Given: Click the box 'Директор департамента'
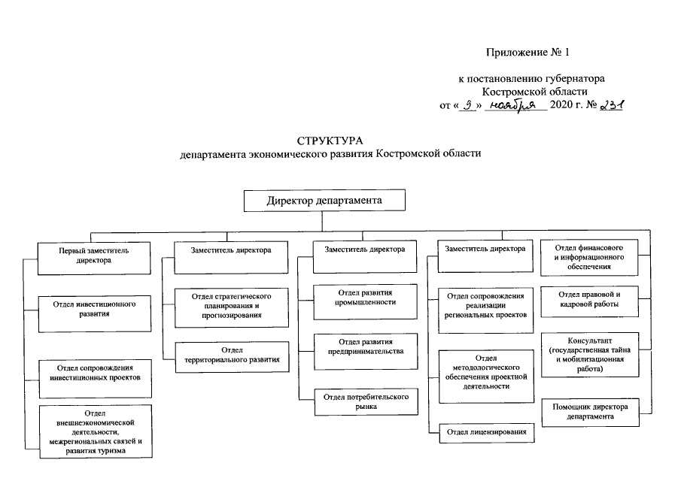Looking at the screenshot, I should point(324,201).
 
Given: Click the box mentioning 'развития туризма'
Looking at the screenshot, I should point(95,432).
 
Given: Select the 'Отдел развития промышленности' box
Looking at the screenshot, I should point(364,298).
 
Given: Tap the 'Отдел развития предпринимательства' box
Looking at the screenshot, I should point(364,346).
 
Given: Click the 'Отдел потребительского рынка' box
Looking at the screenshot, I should point(364,401).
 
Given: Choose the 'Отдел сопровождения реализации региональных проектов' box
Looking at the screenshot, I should point(485,307).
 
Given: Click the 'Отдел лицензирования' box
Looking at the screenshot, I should point(486,432).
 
